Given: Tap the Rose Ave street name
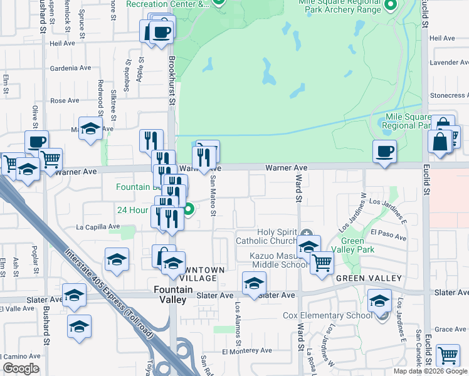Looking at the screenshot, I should (x=65, y=100).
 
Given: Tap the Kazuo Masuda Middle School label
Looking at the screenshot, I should (x=279, y=260).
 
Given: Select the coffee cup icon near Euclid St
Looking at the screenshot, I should (x=384, y=151).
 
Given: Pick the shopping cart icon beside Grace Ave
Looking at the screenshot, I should (x=448, y=355).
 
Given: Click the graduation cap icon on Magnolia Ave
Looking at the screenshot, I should (x=91, y=129).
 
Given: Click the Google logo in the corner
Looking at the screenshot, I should (x=21, y=368).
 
